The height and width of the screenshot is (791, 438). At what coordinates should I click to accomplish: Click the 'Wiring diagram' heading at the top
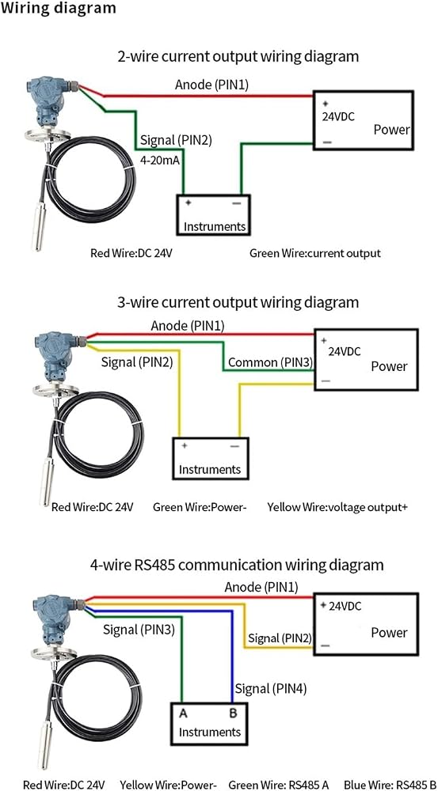58,9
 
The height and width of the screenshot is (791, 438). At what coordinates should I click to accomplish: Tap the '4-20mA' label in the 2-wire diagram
160,161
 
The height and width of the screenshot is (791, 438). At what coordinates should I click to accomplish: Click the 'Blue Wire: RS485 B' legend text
390,785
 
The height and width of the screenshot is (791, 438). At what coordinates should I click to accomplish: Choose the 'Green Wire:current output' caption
315,253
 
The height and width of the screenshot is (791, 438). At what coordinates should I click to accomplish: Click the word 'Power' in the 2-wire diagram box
391,130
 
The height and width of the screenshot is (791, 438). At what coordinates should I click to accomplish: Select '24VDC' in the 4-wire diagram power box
345,607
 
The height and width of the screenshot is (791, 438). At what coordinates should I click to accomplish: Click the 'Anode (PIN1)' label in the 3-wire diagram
188,327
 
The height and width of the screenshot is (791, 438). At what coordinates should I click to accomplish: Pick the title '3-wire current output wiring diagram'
238,302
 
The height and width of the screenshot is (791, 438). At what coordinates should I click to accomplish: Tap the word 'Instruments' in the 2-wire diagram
215,226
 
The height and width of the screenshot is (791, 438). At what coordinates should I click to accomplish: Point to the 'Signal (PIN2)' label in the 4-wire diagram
279,638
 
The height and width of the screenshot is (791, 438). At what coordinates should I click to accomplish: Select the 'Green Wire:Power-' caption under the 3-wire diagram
200,506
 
